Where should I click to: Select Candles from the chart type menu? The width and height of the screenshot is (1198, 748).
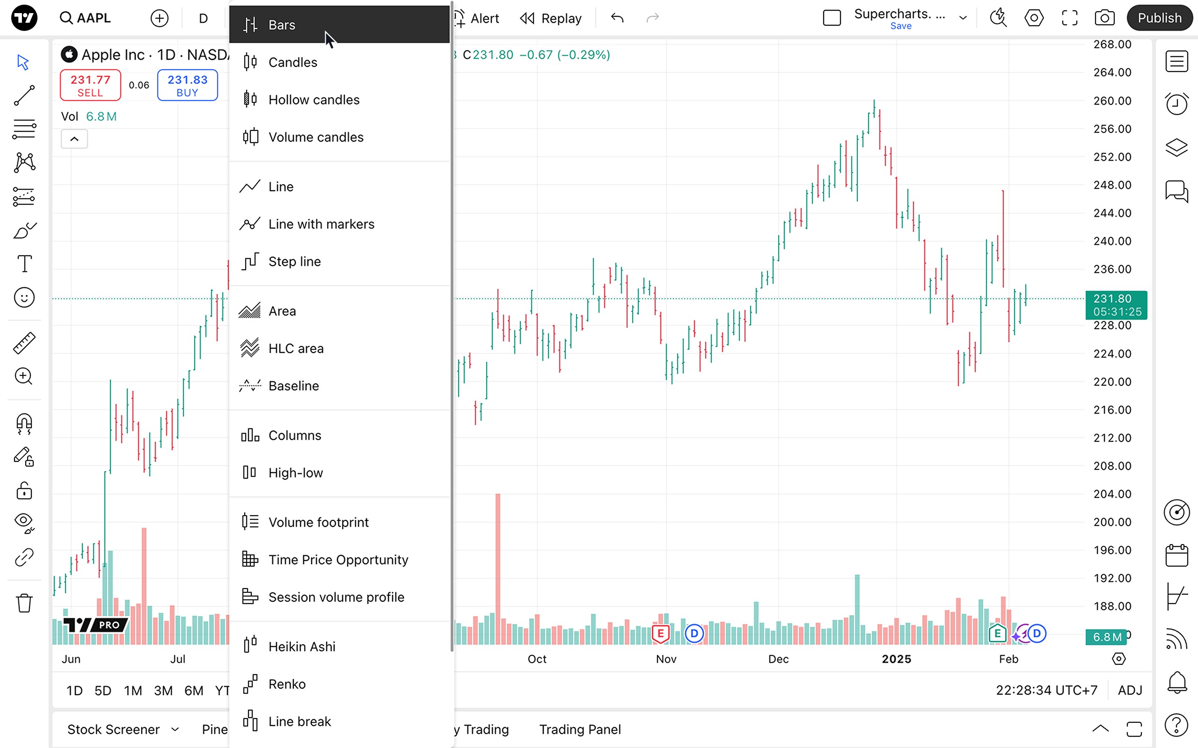[292, 62]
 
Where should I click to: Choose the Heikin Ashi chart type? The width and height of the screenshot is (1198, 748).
[301, 647]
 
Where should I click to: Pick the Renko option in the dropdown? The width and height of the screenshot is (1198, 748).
[286, 684]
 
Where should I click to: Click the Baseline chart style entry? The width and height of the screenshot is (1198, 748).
[293, 386]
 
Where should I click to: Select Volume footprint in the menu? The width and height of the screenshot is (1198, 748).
[318, 522]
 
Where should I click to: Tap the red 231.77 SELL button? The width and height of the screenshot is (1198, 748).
[90, 86]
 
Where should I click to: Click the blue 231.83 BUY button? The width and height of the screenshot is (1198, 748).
[187, 86]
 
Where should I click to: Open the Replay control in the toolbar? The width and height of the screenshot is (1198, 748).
[551, 18]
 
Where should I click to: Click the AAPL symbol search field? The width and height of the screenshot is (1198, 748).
[86, 18]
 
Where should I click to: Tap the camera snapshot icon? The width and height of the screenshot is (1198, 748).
[1104, 18]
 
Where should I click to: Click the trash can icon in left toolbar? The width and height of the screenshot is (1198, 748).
[24, 603]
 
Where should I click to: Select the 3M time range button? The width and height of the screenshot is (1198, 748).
[163, 690]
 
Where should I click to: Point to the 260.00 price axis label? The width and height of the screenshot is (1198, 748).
[1112, 101]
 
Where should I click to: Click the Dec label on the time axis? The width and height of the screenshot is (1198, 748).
[778, 659]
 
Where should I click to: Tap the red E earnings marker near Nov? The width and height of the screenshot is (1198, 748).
[660, 633]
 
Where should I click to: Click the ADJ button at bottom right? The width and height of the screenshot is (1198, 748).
[1130, 690]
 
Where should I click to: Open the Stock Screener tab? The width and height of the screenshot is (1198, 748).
[113, 729]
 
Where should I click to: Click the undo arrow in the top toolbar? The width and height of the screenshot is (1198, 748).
[617, 18]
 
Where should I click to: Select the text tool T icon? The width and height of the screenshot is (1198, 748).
[24, 264]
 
